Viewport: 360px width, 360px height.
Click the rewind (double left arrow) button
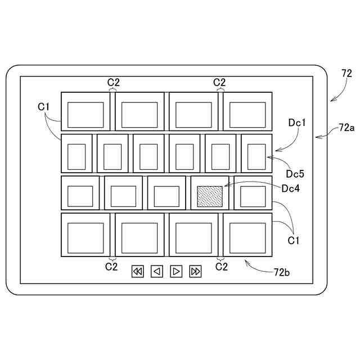click(x=138, y=272)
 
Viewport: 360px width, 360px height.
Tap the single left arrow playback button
click(x=157, y=272)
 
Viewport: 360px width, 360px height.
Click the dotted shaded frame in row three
click(x=210, y=196)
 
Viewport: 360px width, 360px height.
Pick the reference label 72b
click(x=282, y=272)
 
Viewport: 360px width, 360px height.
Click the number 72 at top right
click(x=346, y=73)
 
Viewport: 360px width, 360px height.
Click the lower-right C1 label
click(x=294, y=241)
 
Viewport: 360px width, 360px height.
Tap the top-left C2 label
click(x=114, y=82)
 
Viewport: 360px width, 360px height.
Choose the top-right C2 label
click(x=219, y=82)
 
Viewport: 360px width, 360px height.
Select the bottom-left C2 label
click(x=111, y=265)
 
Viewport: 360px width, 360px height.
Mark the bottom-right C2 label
click(x=222, y=265)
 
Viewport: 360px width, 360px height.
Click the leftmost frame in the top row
click(x=85, y=115)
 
